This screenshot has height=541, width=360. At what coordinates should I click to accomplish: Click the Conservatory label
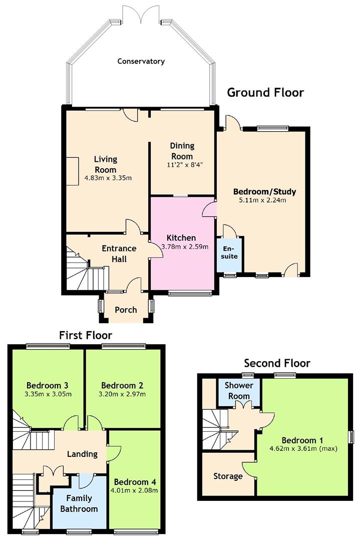pyautogui.click(x=141, y=62)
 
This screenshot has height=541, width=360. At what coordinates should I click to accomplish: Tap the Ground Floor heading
pyautogui.click(x=265, y=93)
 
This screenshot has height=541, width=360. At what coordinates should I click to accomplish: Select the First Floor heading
pyautogui.click(x=86, y=335)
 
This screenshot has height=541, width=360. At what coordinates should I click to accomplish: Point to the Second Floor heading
pyautogui.click(x=277, y=363)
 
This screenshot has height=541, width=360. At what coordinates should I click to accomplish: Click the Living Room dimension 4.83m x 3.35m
pyautogui.click(x=108, y=178)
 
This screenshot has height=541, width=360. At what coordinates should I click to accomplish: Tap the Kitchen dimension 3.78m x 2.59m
pyautogui.click(x=185, y=246)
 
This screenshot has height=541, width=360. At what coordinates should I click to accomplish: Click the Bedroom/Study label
pyautogui.click(x=265, y=191)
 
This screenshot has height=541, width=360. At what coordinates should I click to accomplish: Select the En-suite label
pyautogui.click(x=229, y=252)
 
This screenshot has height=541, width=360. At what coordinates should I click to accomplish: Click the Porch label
pyautogui.click(x=126, y=310)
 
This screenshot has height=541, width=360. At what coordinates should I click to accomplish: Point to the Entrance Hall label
pyautogui.click(x=119, y=253)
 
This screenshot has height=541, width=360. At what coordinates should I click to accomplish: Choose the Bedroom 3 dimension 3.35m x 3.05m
pyautogui.click(x=48, y=394)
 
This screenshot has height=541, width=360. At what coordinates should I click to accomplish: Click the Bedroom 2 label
pyautogui.click(x=122, y=385)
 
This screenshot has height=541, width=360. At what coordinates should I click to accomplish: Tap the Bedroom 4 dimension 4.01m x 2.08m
pyautogui.click(x=136, y=490)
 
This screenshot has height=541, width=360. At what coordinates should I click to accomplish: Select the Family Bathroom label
pyautogui.click(x=79, y=503)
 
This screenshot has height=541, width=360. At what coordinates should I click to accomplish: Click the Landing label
pyautogui.click(x=82, y=454)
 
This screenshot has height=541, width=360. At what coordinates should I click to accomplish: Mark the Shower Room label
pyautogui.click(x=239, y=390)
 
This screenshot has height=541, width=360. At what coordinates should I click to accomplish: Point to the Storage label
pyautogui.click(x=228, y=476)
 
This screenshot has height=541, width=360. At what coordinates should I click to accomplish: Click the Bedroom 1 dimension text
pyautogui.click(x=303, y=448)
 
